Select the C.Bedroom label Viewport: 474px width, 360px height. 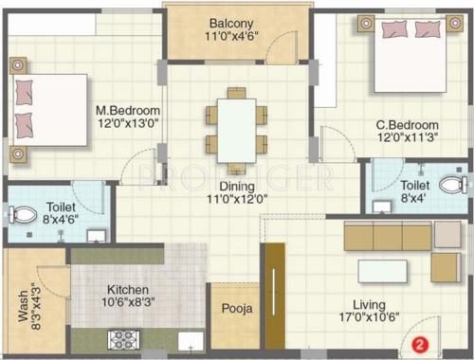[x=407, y=125]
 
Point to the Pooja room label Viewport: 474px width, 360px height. [x=236, y=309]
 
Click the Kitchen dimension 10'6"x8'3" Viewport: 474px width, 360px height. [x=132, y=303]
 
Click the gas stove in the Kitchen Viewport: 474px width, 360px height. [x=125, y=338]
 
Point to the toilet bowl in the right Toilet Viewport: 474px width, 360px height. [x=452, y=185]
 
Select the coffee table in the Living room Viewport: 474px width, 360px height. [x=382, y=272]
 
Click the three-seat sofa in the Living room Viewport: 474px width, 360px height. [x=387, y=237]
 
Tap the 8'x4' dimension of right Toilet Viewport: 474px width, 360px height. [x=414, y=199]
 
